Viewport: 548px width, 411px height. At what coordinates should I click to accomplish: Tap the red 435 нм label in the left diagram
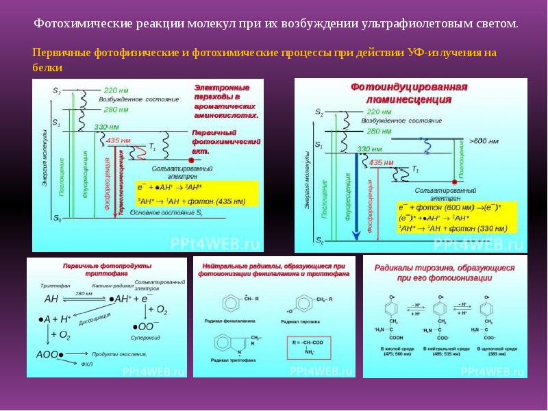click(119, 141)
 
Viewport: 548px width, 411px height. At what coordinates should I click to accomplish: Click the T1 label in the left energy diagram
click(152, 147)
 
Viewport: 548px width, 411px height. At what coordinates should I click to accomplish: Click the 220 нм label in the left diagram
click(116, 90)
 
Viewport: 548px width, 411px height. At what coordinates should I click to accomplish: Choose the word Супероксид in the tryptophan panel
click(146, 336)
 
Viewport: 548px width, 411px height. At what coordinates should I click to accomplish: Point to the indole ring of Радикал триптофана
click(225, 343)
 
